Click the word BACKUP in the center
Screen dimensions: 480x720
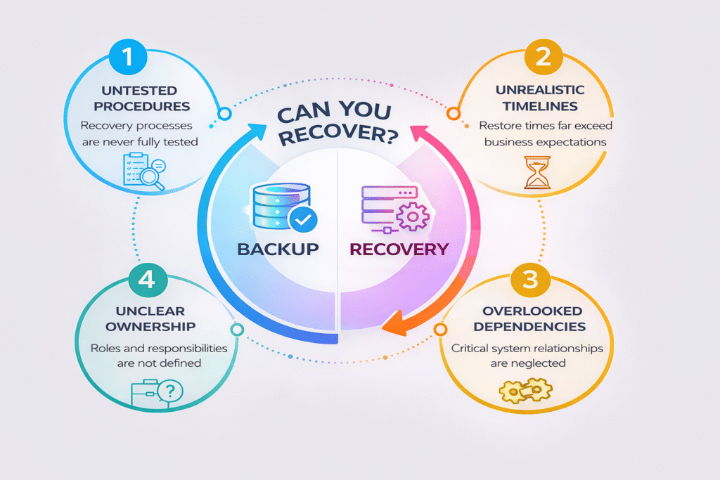[278, 249]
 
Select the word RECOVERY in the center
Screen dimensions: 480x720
[399, 249]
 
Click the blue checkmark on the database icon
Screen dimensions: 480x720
[303, 220]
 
